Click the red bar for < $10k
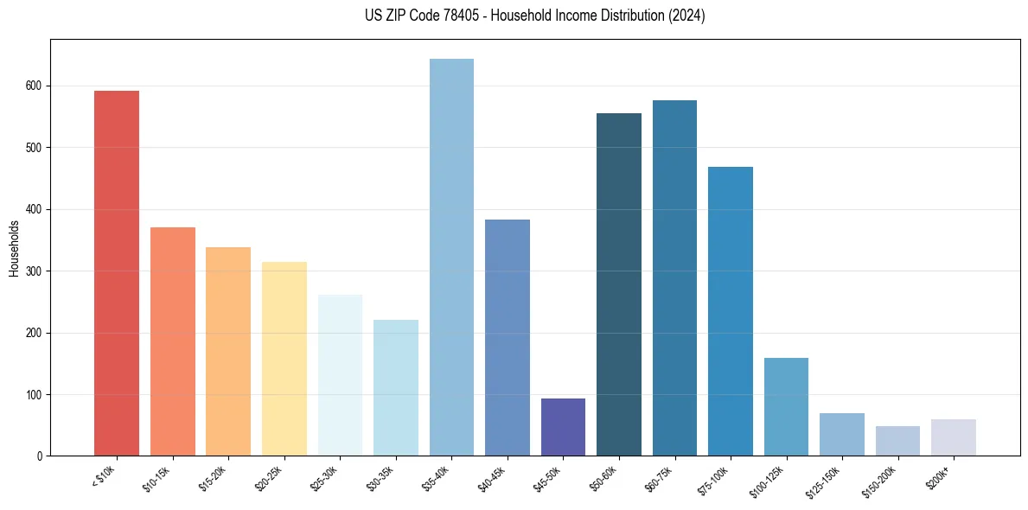pos(117,273)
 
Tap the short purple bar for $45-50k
pos(563,427)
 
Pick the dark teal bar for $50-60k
pos(619,284)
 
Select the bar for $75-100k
pos(731,311)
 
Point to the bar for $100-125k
pos(786,407)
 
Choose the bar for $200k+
pos(954,437)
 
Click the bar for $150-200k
pos(897,441)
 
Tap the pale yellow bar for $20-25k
pos(284,359)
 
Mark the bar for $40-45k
pos(508,338)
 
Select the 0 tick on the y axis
pos(42,456)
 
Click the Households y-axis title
pos(14,248)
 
